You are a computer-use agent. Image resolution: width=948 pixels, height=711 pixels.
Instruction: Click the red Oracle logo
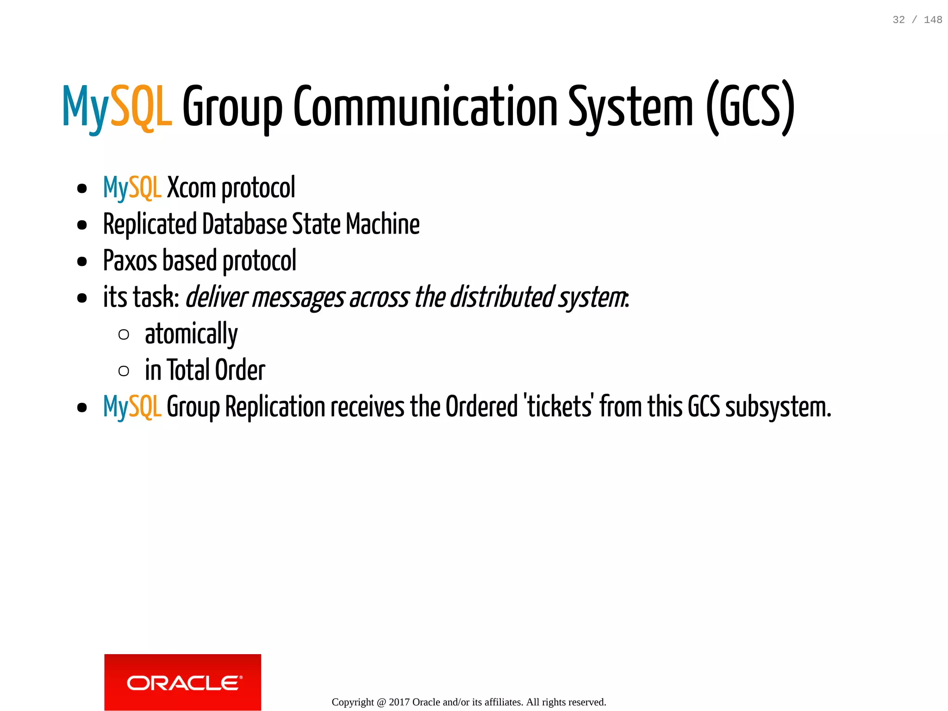coord(182,682)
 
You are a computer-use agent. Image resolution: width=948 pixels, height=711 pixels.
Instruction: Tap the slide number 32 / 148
coord(917,20)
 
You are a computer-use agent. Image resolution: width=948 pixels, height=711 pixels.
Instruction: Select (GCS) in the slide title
coord(750,107)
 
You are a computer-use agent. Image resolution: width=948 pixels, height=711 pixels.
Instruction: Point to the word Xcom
coord(191,188)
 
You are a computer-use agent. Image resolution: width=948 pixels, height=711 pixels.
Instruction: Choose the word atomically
coord(191,334)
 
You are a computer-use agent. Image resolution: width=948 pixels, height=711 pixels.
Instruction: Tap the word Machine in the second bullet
coord(383,224)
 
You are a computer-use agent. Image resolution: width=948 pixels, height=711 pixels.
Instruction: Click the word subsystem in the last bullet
coord(778,407)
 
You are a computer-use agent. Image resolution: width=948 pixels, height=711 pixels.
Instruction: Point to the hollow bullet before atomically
coord(124,334)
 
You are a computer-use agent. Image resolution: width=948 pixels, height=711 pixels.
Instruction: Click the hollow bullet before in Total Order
coord(124,371)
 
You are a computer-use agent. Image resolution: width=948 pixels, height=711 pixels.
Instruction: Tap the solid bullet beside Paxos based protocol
coord(82,262)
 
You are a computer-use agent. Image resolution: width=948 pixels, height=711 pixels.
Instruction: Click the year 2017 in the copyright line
coord(399,702)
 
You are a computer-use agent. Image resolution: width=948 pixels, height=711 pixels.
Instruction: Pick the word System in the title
coord(630,107)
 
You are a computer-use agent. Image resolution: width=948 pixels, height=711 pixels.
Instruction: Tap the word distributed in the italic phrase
coord(502,297)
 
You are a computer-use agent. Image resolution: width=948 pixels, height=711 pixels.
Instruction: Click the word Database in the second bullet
coord(245,224)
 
